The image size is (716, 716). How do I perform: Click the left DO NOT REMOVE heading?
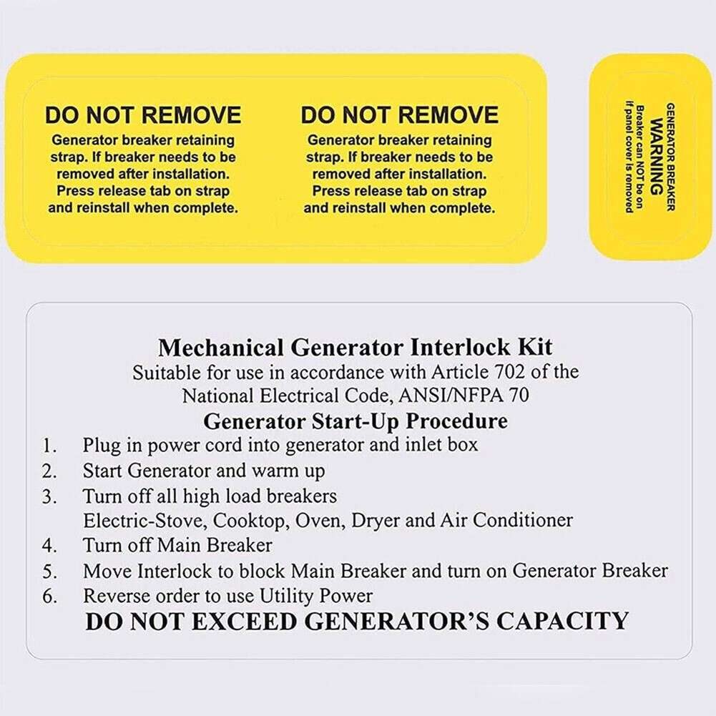click(143, 115)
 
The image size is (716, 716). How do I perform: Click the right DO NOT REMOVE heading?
click(399, 115)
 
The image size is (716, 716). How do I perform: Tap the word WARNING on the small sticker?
click(655, 157)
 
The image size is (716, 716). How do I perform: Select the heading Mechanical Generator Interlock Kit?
click(355, 348)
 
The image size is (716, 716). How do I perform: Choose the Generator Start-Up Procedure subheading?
click(355, 421)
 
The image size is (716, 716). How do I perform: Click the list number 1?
click(49, 445)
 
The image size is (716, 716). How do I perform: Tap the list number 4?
click(49, 546)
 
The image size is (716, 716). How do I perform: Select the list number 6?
click(49, 596)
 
